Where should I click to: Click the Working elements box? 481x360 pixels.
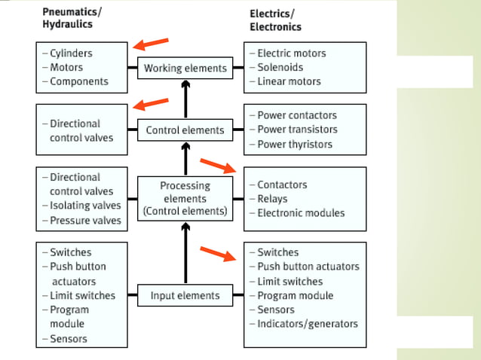[185, 68]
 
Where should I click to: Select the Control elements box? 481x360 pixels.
[185, 130]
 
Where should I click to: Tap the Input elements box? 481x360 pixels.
[185, 296]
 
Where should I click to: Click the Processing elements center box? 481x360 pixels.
[185, 198]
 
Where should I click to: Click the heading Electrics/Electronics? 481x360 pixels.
[275, 20]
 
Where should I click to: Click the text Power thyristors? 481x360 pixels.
[296, 144]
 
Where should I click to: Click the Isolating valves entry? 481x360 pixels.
[85, 206]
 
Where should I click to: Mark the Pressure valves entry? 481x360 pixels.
[85, 220]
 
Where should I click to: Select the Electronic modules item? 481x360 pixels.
[300, 213]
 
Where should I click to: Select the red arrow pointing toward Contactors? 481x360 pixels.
[218, 165]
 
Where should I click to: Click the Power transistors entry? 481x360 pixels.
[297, 130]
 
